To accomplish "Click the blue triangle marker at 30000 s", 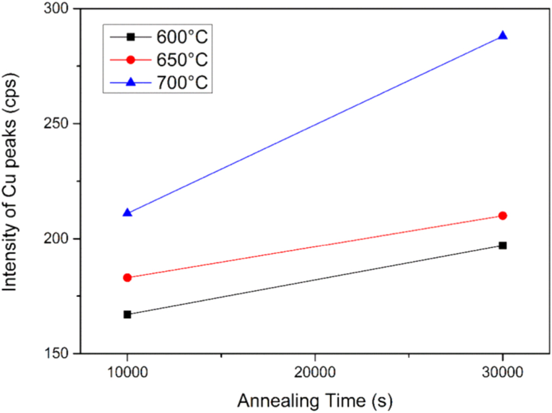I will tap(503, 36).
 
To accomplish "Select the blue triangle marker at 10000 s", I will tap(127, 213).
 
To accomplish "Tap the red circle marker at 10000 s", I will tap(127, 278).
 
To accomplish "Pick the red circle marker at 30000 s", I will tap(503, 215).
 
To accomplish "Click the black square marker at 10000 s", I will tap(127, 314).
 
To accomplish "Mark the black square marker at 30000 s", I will tap(503, 245).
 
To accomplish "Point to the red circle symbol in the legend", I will tap(130, 59).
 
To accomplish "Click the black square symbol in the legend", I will tap(130, 37).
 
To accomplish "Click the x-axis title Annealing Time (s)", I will tap(315, 401).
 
